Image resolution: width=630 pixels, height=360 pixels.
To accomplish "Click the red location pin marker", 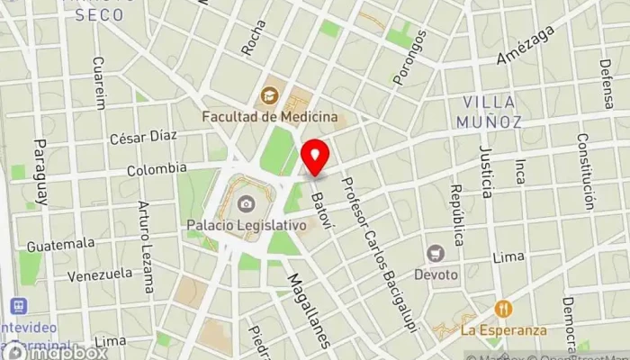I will [x=315, y=158].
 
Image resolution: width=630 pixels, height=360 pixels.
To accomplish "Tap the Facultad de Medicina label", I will [x=270, y=116].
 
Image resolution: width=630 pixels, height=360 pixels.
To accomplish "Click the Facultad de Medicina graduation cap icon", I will [x=269, y=94].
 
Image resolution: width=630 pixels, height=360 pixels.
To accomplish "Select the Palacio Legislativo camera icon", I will [x=245, y=203].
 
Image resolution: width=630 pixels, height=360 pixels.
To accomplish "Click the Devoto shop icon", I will [x=436, y=254].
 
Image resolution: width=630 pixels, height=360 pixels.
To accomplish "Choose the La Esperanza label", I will [x=503, y=329].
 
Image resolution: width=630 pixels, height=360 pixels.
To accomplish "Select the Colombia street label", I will [x=157, y=168].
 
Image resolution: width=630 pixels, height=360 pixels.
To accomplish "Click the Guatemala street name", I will [x=60, y=244].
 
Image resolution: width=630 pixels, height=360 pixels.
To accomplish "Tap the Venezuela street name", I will [x=100, y=274].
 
